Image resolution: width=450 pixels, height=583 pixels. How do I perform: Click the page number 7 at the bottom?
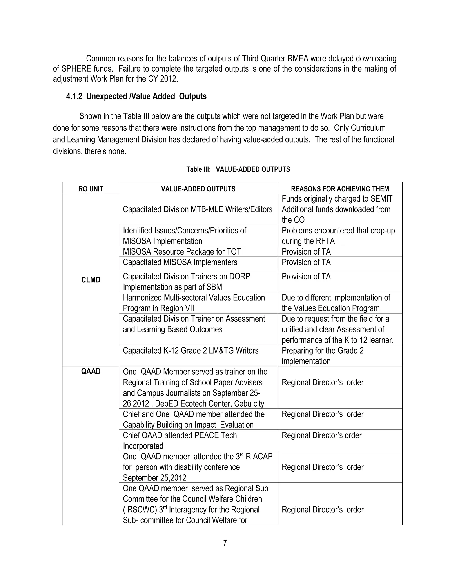225,543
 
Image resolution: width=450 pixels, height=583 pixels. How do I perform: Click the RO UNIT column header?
91,189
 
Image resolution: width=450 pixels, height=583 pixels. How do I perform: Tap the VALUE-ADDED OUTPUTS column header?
198,189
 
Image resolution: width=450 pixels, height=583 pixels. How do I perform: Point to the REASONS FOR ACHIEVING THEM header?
340,189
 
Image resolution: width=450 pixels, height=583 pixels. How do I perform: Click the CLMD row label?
91,280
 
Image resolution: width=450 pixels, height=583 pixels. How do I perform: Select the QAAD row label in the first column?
91,371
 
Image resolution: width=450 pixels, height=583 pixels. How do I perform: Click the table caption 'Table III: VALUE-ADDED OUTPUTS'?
238,169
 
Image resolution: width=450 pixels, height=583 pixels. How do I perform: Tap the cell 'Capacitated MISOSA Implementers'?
180,262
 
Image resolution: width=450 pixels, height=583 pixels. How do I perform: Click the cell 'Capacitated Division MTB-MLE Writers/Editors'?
198,209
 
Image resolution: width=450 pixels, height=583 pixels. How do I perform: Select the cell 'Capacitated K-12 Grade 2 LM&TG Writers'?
191,350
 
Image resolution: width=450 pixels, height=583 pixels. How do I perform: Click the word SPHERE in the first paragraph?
76,69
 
